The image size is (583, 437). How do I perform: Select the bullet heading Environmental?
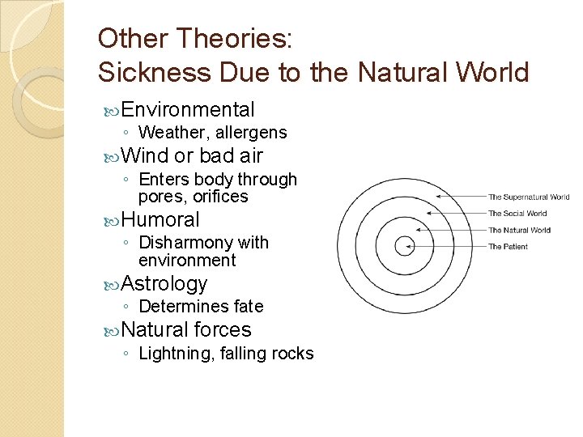click(x=189, y=110)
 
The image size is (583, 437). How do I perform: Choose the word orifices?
click(x=220, y=196)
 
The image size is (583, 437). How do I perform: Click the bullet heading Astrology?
click(x=164, y=283)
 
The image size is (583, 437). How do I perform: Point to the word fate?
click(x=248, y=307)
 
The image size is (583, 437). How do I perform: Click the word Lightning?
click(x=176, y=354)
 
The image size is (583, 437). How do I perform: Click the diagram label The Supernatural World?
click(x=529, y=197)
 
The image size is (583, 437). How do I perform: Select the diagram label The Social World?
click(x=517, y=214)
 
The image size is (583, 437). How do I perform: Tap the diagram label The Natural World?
click(x=519, y=230)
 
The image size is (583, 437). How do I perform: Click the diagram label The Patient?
click(x=508, y=247)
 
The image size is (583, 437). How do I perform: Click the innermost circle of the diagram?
click(x=403, y=246)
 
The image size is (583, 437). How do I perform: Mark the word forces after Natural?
click(x=223, y=330)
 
